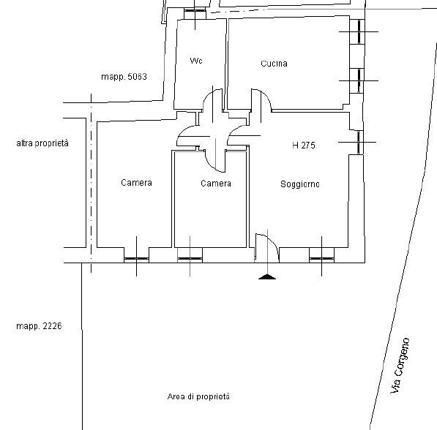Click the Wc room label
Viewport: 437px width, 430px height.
coord(195,61)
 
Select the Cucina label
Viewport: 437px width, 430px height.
coord(274,64)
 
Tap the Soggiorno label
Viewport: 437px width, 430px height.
coord(299,184)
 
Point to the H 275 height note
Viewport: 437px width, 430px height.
coord(303,146)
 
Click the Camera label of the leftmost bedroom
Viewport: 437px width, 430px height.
coord(136,183)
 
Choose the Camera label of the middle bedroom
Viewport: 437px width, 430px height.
coord(216,184)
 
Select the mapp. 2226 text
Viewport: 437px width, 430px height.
coord(37,326)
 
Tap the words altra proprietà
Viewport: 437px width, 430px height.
coord(42,144)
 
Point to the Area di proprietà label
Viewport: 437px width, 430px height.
coord(198,396)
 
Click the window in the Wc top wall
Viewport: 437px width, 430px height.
coord(195,12)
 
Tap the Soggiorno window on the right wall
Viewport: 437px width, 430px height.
coord(358,142)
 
